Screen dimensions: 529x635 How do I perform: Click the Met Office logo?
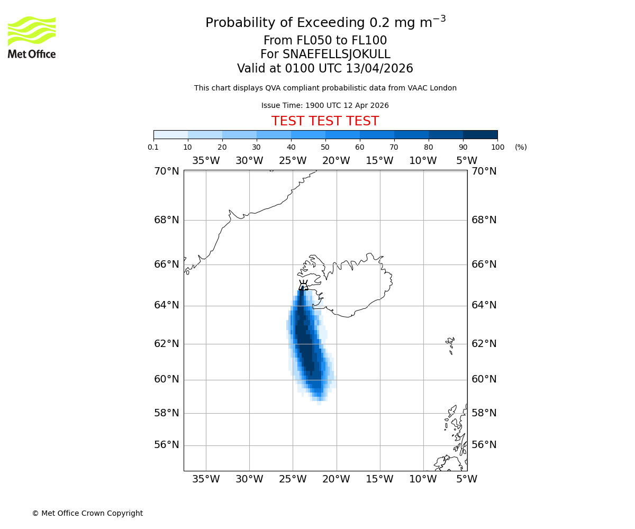point(32,37)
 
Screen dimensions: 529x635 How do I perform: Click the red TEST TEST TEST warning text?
point(325,122)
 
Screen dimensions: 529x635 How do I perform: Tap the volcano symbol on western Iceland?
point(303,286)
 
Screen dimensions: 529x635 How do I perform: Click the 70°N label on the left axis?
point(167,171)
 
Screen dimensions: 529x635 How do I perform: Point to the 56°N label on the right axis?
point(484,445)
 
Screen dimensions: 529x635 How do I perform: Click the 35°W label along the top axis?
point(205,161)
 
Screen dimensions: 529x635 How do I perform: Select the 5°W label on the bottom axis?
point(466,479)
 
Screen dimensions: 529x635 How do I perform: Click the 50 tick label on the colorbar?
point(325,147)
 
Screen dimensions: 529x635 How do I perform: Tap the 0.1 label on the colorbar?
point(153,147)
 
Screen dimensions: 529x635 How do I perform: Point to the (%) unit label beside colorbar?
point(521,147)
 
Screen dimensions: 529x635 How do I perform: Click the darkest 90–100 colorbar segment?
point(480,134)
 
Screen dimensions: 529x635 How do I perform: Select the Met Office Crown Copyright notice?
point(87,513)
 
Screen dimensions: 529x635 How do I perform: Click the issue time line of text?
point(325,106)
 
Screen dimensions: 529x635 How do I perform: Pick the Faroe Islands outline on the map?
point(450,344)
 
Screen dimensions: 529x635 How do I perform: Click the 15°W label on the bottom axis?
point(379,479)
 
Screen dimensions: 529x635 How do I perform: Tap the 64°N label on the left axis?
point(167,305)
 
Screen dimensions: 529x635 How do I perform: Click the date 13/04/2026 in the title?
point(379,69)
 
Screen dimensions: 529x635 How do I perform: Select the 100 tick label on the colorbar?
point(497,147)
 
